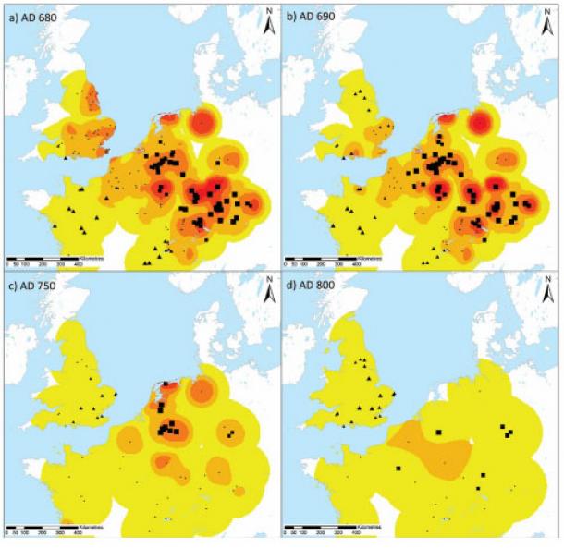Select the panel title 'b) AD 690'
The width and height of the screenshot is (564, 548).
tap(313, 17)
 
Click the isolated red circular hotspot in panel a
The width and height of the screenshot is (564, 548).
tap(202, 121)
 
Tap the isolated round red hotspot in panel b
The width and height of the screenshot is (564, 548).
tap(480, 122)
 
